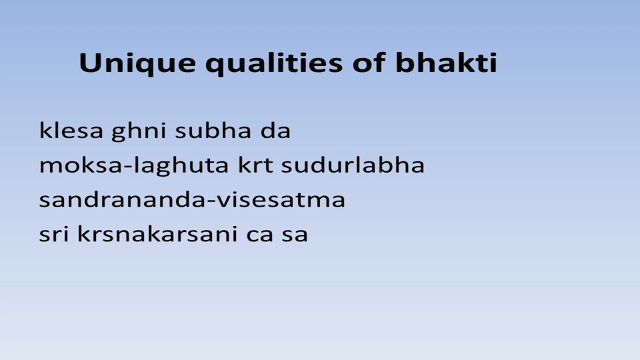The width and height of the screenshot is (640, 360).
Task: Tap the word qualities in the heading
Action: [x=274, y=64]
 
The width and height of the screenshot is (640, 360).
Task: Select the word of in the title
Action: [x=369, y=63]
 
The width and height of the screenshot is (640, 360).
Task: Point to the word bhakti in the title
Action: [x=446, y=63]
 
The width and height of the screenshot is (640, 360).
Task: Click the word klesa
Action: [x=71, y=131]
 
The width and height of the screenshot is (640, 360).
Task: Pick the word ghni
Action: [x=139, y=132]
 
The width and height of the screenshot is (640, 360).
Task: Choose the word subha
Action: [x=213, y=131]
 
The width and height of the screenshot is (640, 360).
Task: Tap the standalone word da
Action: [x=275, y=131]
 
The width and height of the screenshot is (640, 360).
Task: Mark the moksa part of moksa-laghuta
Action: [x=81, y=165]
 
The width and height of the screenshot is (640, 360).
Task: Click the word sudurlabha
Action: [x=353, y=165]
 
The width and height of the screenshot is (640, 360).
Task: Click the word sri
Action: [x=54, y=234]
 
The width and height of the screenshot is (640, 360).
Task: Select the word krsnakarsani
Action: [x=157, y=234]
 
